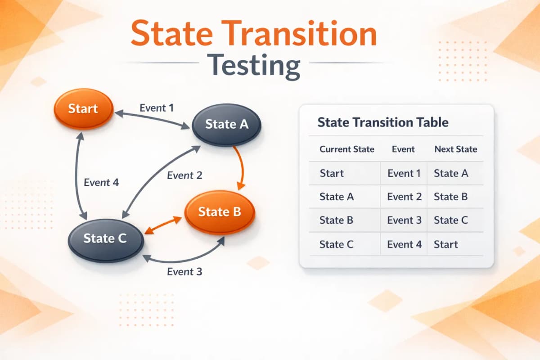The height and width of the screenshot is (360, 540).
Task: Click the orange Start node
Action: (83, 108)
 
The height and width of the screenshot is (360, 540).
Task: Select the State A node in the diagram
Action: (227, 124)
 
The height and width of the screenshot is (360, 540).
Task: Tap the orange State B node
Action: (220, 211)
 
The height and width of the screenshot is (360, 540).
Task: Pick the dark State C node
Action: (105, 238)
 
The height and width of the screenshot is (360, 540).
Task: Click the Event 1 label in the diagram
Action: (157, 108)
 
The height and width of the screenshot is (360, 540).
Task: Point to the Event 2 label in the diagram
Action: (184, 175)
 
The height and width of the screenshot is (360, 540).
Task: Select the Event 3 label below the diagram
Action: (184, 272)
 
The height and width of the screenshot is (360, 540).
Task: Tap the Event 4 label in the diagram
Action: (101, 183)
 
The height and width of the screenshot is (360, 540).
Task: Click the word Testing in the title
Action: (254, 65)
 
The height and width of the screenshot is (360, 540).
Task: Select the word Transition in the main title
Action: (306, 34)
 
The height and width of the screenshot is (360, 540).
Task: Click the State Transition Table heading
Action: (382, 122)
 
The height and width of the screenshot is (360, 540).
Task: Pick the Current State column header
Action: (346, 149)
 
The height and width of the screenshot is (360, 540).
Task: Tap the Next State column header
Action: (455, 149)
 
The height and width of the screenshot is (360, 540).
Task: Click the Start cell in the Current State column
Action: (332, 173)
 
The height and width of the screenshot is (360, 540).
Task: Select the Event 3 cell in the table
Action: (404, 220)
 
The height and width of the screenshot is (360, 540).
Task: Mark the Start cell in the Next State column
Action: (445, 244)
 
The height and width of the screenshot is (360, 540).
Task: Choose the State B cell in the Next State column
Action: (450, 197)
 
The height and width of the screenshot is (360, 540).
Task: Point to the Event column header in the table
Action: (403, 149)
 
